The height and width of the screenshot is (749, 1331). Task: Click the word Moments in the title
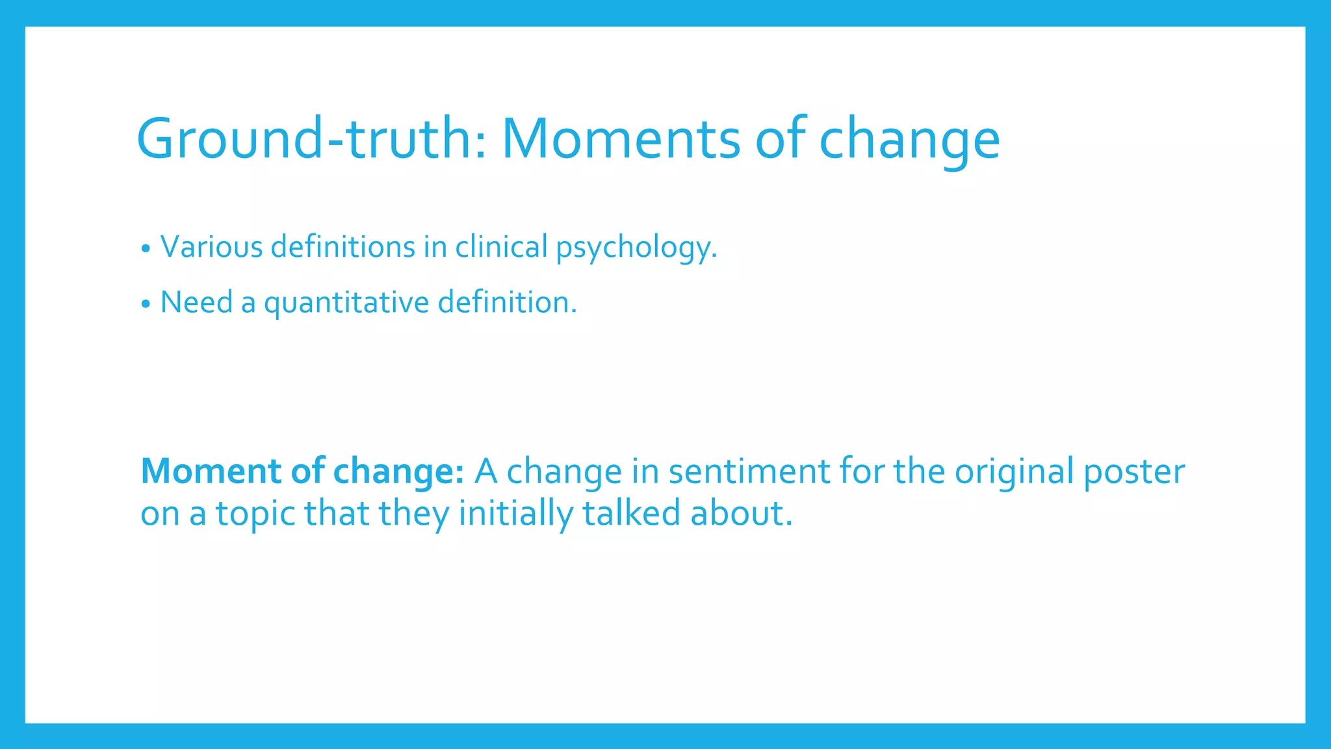click(x=621, y=138)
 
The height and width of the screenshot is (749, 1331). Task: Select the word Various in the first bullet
click(x=211, y=247)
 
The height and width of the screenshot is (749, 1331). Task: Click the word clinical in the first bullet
click(x=501, y=247)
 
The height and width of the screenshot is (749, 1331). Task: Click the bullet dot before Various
click(x=146, y=248)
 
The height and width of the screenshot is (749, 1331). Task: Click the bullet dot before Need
click(x=146, y=304)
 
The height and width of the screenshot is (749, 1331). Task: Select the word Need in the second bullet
click(x=196, y=302)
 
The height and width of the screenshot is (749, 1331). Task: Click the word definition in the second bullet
click(x=506, y=302)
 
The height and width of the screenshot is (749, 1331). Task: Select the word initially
click(x=516, y=514)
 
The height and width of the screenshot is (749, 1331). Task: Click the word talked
click(x=631, y=513)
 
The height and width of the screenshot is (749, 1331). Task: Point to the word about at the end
click(x=741, y=513)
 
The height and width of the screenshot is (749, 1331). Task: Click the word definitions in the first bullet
click(x=342, y=247)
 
